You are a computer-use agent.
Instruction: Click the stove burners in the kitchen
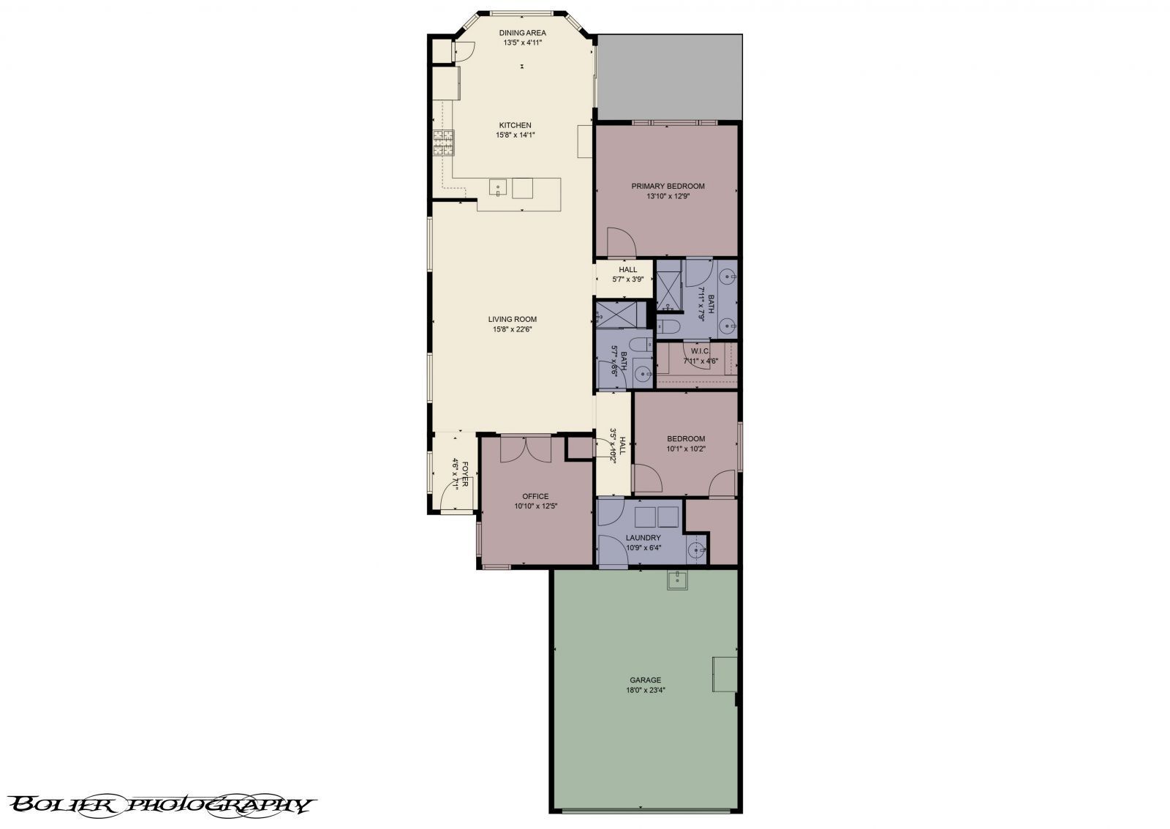click(x=442, y=143)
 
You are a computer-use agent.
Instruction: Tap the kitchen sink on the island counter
click(x=498, y=187)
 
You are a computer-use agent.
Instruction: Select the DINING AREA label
click(x=522, y=33)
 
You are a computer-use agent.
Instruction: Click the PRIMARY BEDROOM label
click(x=668, y=186)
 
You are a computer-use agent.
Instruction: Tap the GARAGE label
click(x=645, y=680)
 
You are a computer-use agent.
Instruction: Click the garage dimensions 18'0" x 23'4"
click(x=645, y=690)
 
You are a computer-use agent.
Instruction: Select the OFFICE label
click(x=535, y=496)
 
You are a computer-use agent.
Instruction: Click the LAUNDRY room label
click(x=643, y=538)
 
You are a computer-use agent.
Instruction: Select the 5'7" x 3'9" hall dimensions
click(x=627, y=280)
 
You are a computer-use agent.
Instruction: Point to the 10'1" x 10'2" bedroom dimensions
click(x=685, y=449)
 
